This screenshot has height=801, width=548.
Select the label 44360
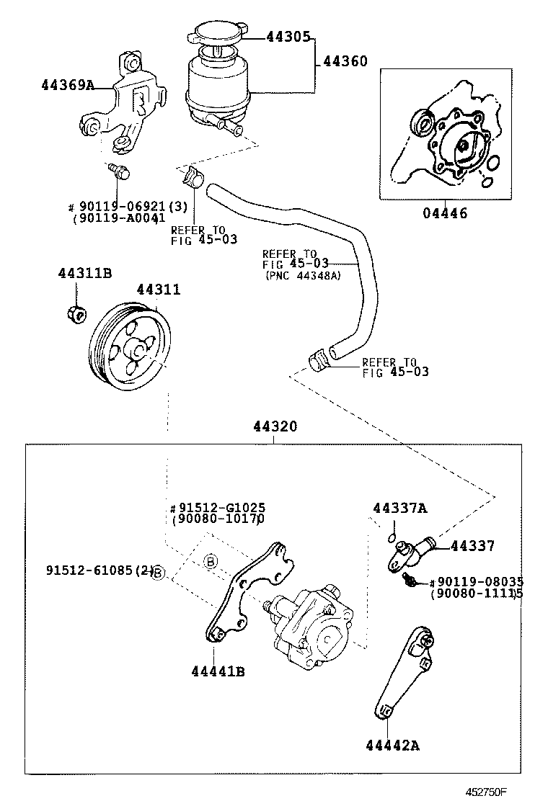tap(345, 62)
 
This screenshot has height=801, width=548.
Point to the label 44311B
tap(84, 273)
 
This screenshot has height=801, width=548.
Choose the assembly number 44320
tap(275, 426)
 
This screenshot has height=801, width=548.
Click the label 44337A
tap(399, 509)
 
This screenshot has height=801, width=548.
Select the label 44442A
tap(392, 746)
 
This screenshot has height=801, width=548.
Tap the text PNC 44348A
tap(302, 275)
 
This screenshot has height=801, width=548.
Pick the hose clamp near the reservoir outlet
tap(190, 174)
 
